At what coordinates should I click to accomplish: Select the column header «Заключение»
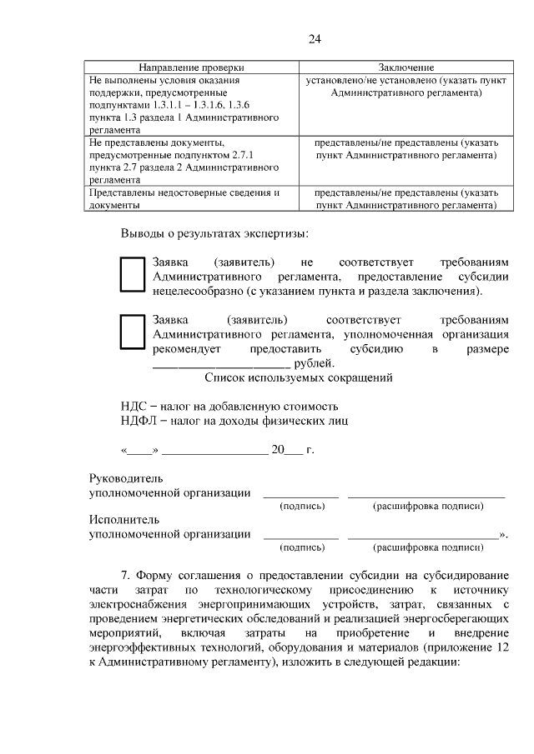pyautogui.click(x=406, y=67)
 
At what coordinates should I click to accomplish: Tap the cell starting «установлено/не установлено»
pyautogui.click(x=406, y=87)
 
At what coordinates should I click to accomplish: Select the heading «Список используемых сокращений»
pyautogui.click(x=299, y=377)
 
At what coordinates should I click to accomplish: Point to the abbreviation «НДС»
pyautogui.click(x=134, y=407)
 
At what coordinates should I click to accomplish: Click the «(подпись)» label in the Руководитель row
pyautogui.click(x=302, y=506)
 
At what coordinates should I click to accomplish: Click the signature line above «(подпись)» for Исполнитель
pyautogui.click(x=301, y=537)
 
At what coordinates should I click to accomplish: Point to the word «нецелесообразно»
pyautogui.click(x=198, y=292)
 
